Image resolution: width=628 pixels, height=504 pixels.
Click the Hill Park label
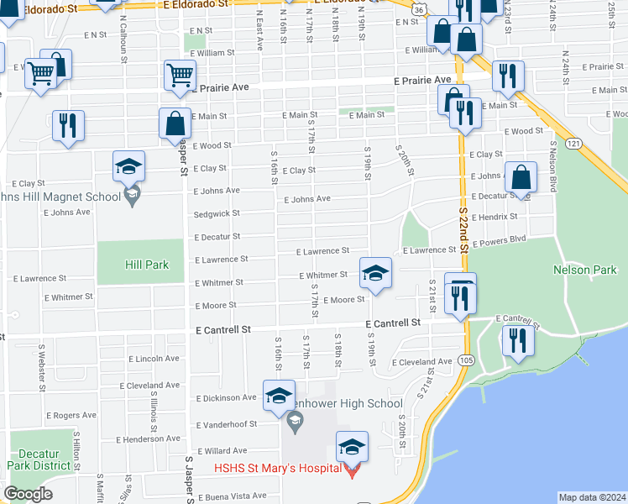147,265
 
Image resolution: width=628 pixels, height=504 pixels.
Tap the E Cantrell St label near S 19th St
392,323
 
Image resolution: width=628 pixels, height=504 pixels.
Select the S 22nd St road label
463,227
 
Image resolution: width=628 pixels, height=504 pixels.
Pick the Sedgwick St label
217,213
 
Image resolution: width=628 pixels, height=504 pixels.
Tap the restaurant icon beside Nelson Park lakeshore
518,340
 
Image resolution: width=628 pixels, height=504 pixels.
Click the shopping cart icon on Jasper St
180,76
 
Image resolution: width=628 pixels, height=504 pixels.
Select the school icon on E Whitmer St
375,272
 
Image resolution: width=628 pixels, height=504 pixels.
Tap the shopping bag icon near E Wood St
174,123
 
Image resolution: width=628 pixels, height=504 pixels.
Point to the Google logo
28,494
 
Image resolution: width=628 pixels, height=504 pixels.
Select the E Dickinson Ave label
226,397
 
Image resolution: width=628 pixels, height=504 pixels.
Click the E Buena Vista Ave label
233,496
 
